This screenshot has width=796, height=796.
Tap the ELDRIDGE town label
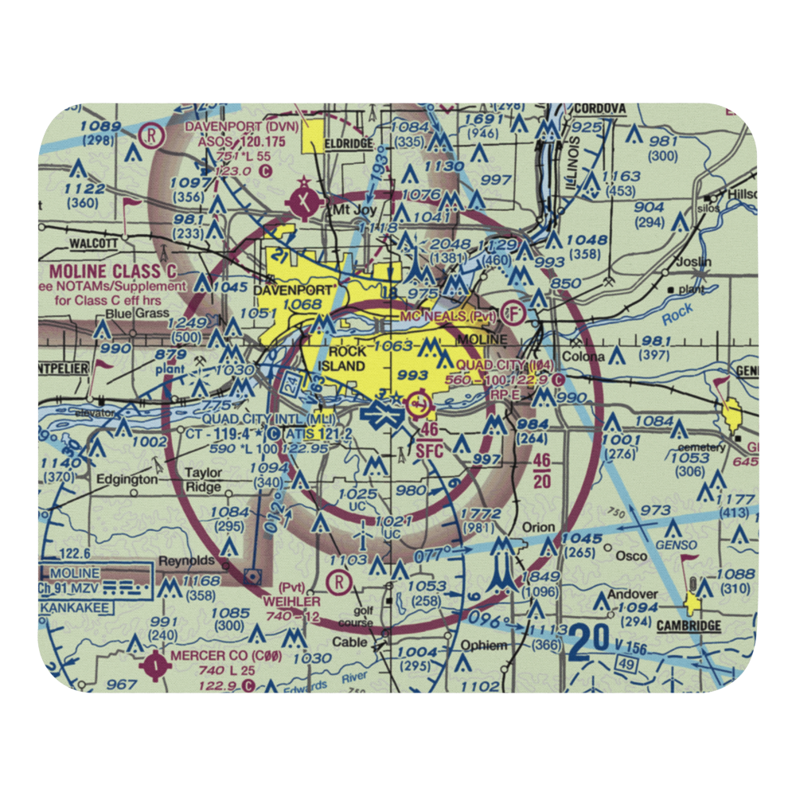click(349, 144)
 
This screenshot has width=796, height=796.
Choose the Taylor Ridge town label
click(203, 479)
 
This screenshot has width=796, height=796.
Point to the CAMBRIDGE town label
click(689, 626)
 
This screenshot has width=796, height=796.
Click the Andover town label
click(633, 594)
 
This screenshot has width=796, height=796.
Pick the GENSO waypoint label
click(673, 549)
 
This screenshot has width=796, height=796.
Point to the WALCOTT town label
click(93, 243)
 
